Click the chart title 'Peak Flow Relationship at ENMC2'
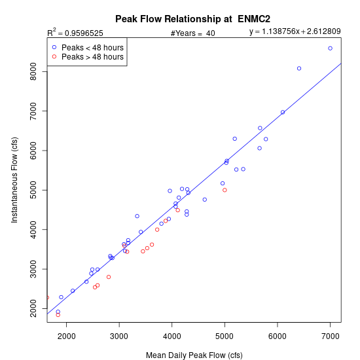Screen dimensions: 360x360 pyautogui.click(x=192, y=19)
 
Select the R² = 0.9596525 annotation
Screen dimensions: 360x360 pyautogui.click(x=75, y=33)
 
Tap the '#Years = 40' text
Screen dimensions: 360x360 pyautogui.click(x=193, y=33)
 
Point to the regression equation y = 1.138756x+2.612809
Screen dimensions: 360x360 pyautogui.click(x=295, y=31)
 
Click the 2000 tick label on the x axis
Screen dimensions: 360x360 pyautogui.click(x=66, y=336)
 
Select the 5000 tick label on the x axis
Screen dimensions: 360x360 pyautogui.click(x=225, y=336)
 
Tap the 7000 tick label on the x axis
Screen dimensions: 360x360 pyautogui.click(x=330, y=336)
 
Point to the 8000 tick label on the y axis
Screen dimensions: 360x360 pyautogui.click(x=33, y=71)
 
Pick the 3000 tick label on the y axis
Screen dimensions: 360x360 pyautogui.click(x=33, y=269)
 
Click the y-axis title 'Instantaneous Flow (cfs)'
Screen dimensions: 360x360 pyautogui.click(x=14, y=180)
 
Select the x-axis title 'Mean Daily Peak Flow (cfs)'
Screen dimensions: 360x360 pyautogui.click(x=194, y=355)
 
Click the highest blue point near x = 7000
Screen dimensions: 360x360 pyautogui.click(x=330, y=48)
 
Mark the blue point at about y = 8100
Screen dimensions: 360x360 pyautogui.click(x=299, y=69)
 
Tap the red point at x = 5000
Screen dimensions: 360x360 pyautogui.click(x=225, y=190)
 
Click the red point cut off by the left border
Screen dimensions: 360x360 pyautogui.click(x=48, y=298)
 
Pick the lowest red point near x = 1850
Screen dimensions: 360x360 pyautogui.click(x=58, y=315)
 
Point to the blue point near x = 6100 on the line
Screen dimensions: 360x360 pyautogui.click(x=283, y=113)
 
